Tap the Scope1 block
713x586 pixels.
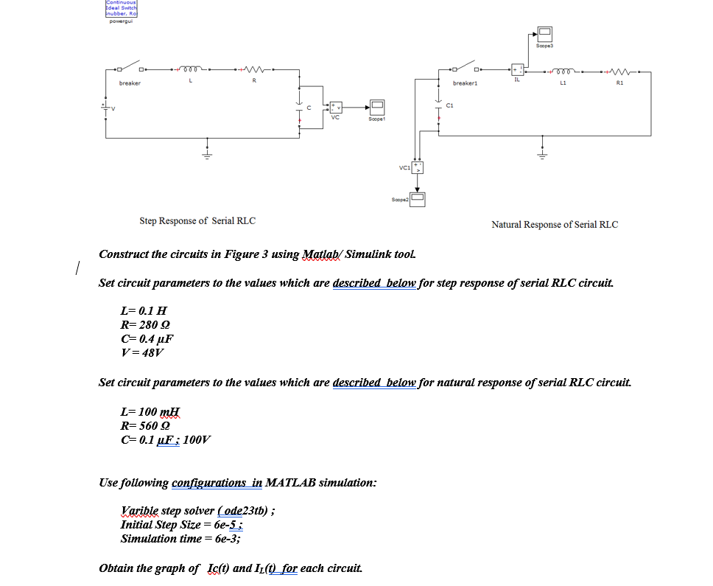(x=378, y=106)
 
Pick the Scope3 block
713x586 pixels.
(x=544, y=33)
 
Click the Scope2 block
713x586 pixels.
(x=418, y=198)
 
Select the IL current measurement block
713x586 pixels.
(x=517, y=69)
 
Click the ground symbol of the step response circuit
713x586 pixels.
(x=207, y=154)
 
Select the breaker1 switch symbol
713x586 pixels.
(x=466, y=71)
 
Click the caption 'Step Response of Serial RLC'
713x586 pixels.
(x=197, y=220)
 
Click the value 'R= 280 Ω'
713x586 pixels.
(x=147, y=325)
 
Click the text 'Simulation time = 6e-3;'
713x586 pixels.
(x=180, y=539)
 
